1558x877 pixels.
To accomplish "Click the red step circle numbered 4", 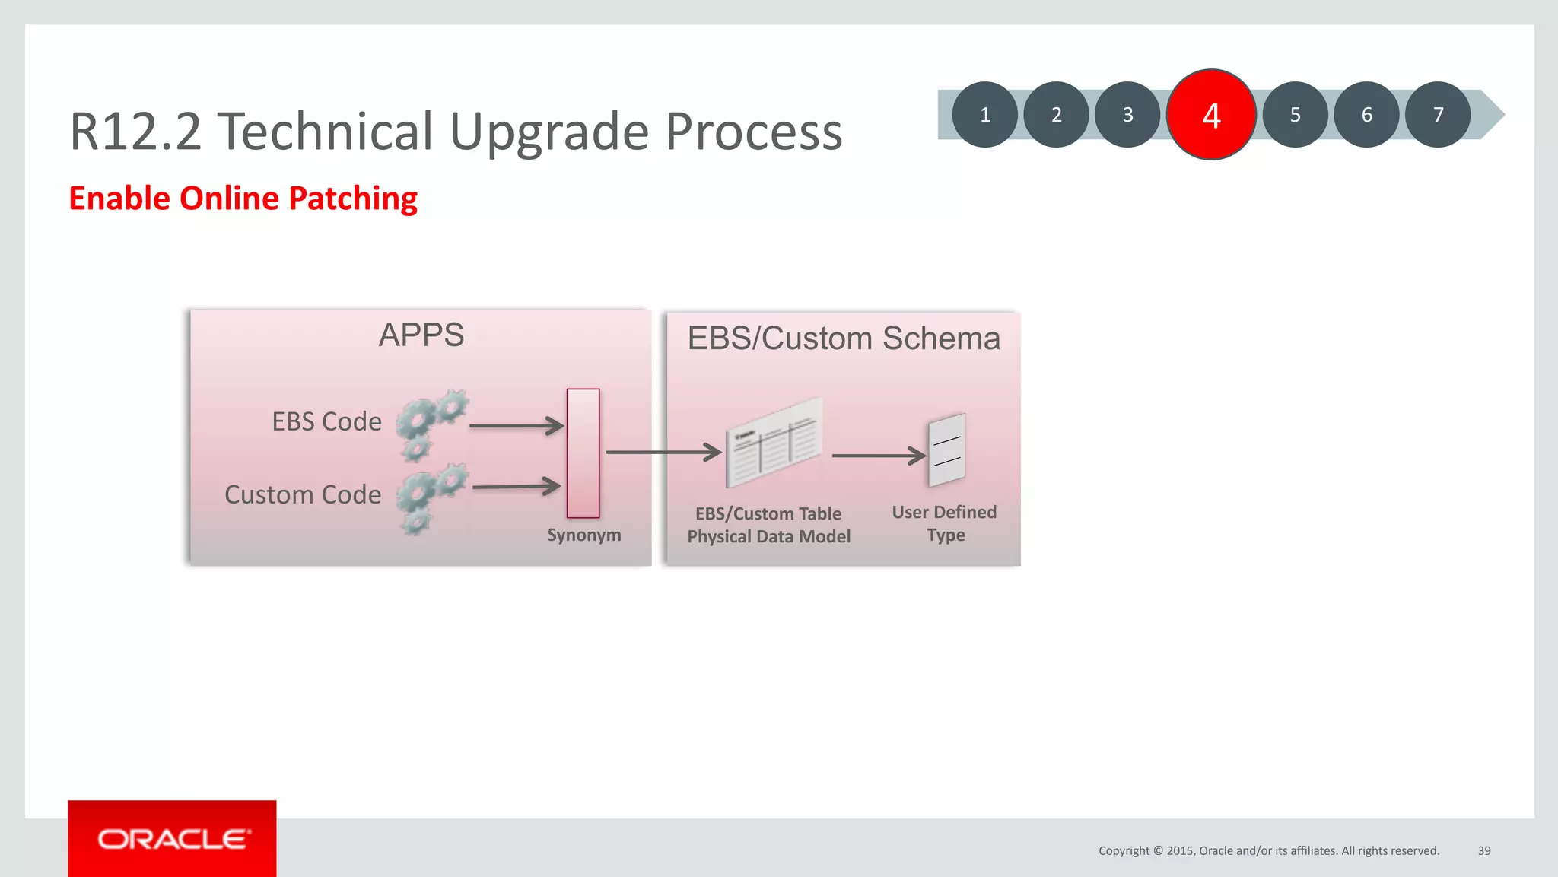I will pos(1210,115).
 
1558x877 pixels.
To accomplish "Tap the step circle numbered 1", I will pos(984,115).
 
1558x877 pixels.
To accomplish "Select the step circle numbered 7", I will pos(1437,115).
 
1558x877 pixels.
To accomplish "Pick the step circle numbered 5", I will pos(1295,115).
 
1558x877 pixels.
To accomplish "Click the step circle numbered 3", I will pos(1127,115).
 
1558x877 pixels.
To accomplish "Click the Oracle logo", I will pos(173,839).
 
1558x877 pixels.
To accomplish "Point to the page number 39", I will pos(1483,850).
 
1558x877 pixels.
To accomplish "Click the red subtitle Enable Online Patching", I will pos(243,199).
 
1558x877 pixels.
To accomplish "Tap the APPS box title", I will pos(421,335).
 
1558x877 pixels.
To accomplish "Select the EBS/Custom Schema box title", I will pos(843,338).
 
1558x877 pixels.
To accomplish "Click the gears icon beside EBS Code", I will pos(431,423).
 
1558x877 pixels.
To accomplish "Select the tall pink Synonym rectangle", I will pos(583,453).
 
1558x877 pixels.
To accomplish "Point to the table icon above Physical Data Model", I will pos(774,442).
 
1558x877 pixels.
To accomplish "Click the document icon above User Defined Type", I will pos(947,450).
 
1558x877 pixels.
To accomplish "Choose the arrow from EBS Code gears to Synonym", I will pos(517,426).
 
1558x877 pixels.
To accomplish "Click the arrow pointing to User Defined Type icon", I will pos(879,456).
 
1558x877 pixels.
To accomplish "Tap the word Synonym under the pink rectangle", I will pos(583,535).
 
